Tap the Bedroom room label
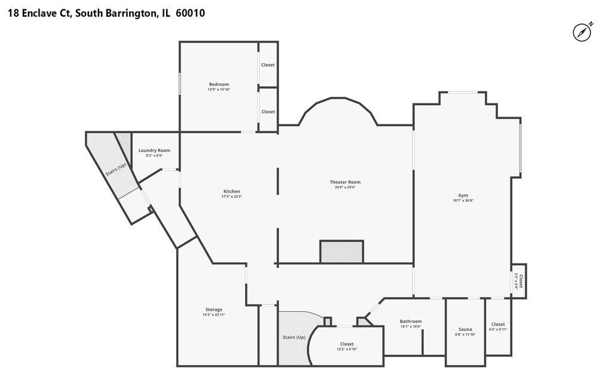(x=219, y=84)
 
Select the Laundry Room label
(x=154, y=150)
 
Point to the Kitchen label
(x=231, y=191)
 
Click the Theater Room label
(x=345, y=182)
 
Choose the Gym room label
(x=463, y=195)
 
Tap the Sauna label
(x=465, y=329)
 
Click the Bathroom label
(x=411, y=321)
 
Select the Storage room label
(x=213, y=309)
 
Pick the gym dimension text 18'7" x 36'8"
(x=463, y=201)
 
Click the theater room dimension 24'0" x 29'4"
(x=345, y=187)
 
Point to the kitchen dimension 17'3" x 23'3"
(x=231, y=197)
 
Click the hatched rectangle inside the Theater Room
(x=342, y=252)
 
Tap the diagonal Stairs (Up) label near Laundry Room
(x=116, y=170)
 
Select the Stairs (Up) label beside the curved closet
(x=294, y=337)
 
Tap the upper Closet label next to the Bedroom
(x=268, y=65)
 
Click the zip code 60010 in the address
(x=190, y=13)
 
